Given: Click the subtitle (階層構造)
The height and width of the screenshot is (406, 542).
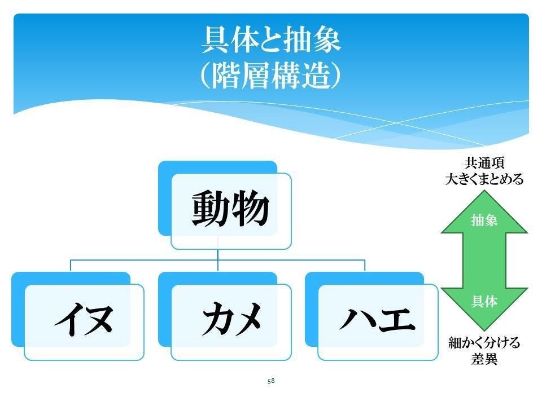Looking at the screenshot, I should tap(271, 76).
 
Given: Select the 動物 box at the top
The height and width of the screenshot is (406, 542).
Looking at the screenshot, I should tap(230, 210).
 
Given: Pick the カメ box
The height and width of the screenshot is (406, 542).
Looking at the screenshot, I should tap(231, 321).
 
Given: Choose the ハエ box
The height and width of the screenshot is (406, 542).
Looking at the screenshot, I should tap(377, 321).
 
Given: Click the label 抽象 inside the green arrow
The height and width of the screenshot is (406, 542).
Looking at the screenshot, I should tap(484, 221).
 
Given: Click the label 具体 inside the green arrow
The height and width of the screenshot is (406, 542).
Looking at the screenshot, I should tap(484, 302).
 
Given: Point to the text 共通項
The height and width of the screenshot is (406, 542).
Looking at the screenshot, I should tap(484, 164).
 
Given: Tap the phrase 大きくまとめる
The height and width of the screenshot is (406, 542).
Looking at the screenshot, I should tap(484, 180).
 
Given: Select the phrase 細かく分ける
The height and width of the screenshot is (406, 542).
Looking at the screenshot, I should tap(484, 343).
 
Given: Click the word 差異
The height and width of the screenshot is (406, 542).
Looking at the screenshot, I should tap(484, 359).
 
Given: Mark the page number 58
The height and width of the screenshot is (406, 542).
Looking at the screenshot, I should tap(271, 381).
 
